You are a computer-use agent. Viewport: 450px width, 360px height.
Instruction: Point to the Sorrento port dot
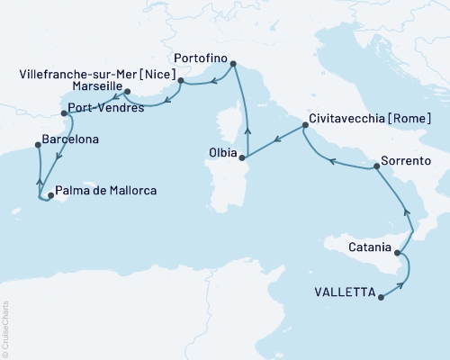373,167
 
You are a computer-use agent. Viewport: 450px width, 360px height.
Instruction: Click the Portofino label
199,53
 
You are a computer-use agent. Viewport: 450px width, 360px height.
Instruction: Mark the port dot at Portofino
233,64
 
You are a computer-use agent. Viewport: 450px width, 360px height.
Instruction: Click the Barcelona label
70,141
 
